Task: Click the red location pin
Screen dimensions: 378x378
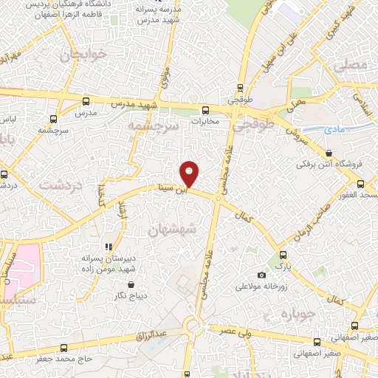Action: (x=190, y=173)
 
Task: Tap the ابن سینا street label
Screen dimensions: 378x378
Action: (x=196, y=188)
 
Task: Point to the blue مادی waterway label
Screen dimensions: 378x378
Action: (x=334, y=129)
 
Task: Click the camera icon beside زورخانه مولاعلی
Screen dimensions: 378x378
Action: (x=261, y=275)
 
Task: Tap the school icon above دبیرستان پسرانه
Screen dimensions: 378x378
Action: (x=108, y=247)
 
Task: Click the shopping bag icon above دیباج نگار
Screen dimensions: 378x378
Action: (x=131, y=284)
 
